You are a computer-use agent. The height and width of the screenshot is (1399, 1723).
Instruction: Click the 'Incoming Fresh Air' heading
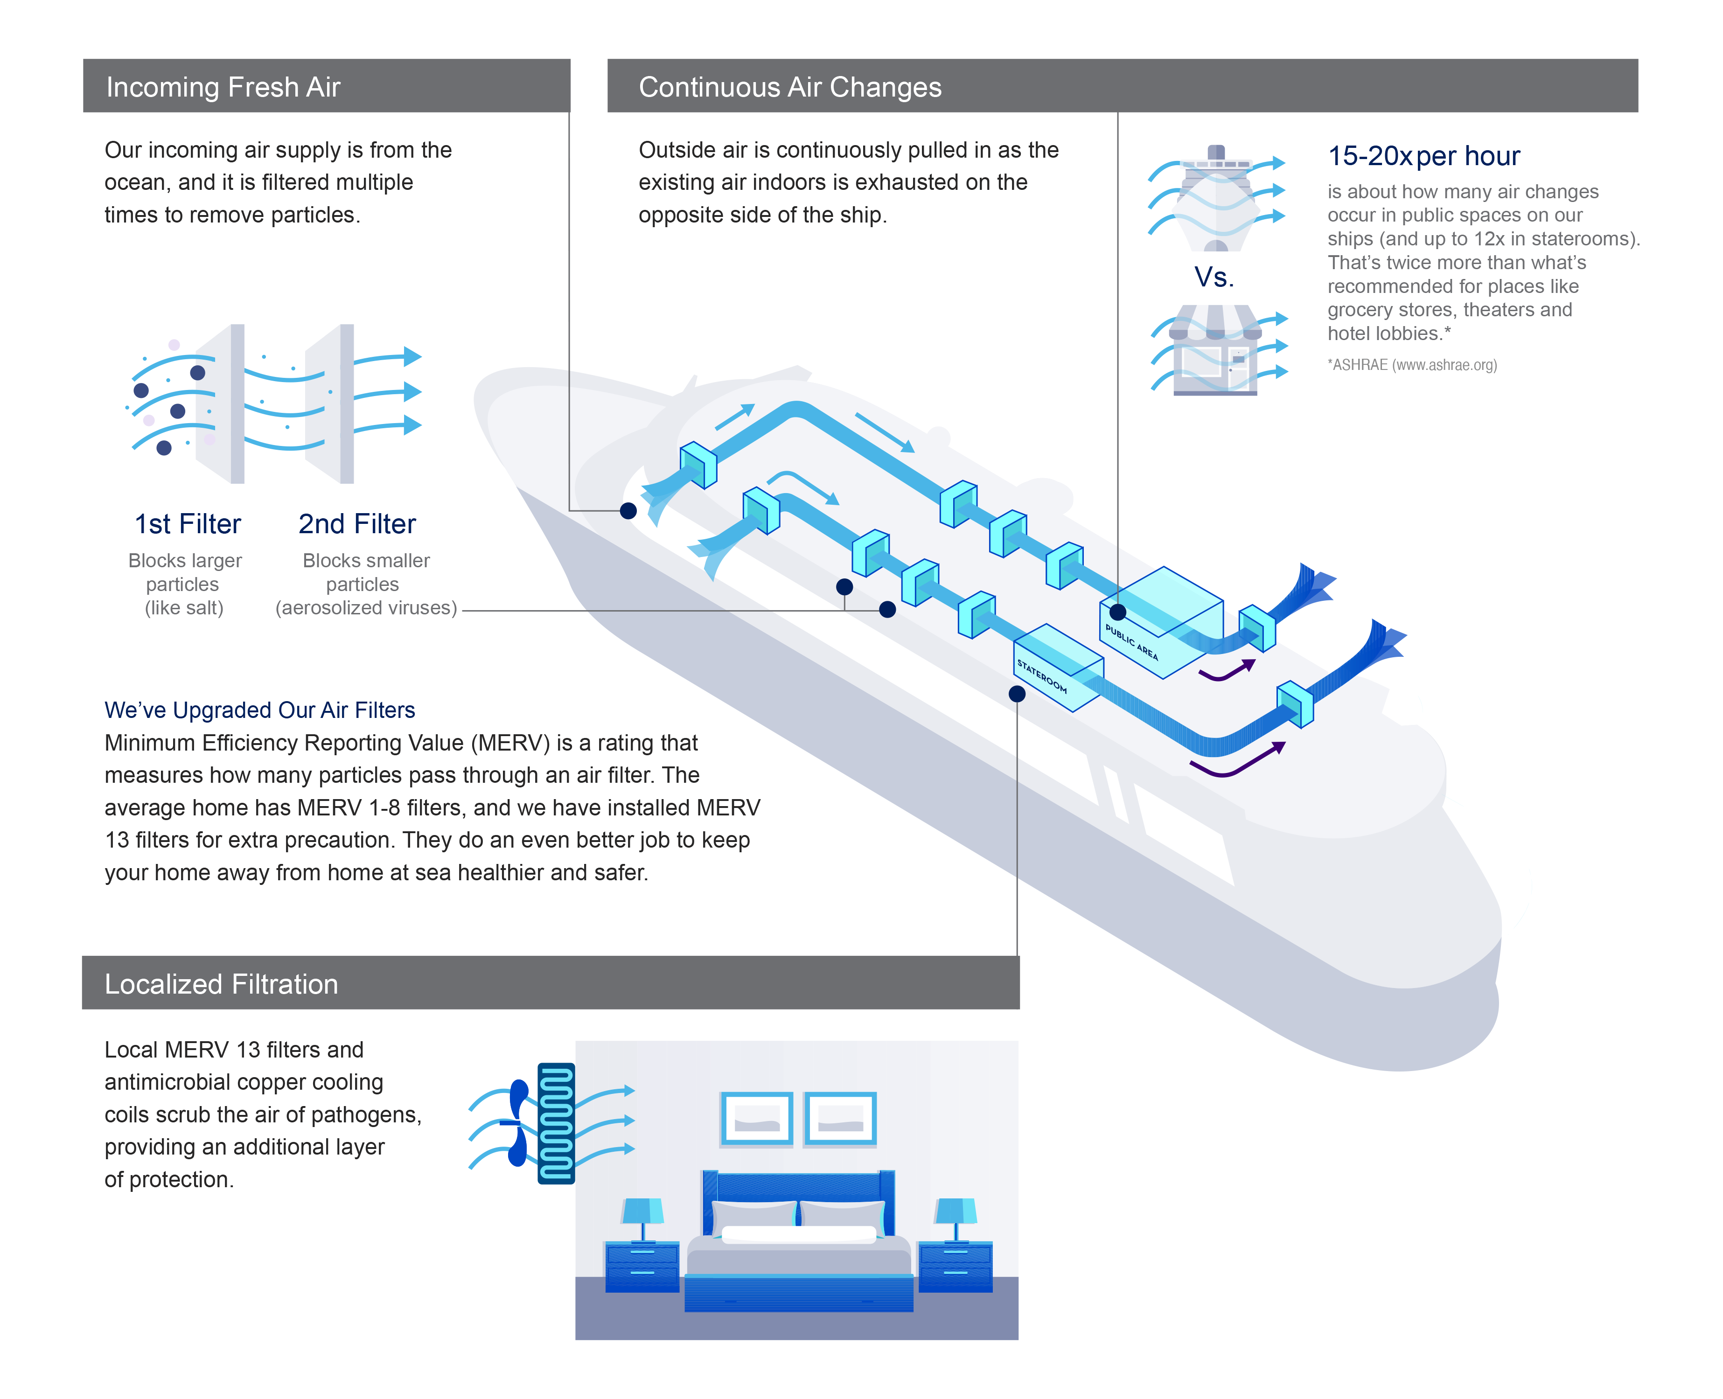(x=223, y=87)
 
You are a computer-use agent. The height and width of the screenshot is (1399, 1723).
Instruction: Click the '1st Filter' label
(x=187, y=524)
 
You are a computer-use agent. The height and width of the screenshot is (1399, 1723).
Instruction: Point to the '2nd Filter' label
(x=357, y=524)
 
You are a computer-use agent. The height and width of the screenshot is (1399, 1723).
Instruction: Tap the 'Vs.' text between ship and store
(x=1214, y=277)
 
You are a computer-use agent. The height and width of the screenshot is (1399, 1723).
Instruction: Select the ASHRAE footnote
(x=1412, y=365)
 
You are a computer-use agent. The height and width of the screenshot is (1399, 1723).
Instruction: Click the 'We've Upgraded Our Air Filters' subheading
(x=259, y=710)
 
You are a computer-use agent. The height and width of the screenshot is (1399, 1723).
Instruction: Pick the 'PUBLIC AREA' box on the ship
(x=1160, y=620)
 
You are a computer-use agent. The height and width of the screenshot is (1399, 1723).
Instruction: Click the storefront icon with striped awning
(x=1215, y=350)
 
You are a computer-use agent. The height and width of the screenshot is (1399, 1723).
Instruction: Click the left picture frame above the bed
(x=756, y=1119)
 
